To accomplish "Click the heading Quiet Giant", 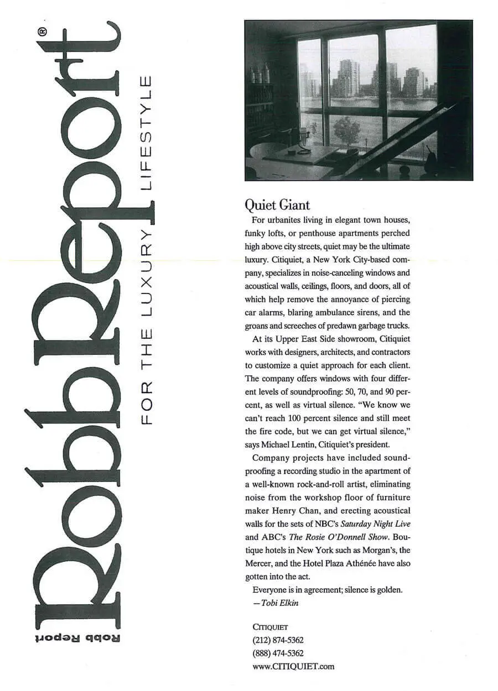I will click(x=277, y=206).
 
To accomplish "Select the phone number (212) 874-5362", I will click(x=278, y=640).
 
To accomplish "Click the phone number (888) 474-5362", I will click(x=278, y=653).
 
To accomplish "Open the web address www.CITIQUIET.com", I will click(x=293, y=667).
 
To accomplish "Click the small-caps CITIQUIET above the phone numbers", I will click(x=270, y=627).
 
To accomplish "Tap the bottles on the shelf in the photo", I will click(x=260, y=75).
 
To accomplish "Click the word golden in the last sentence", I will click(x=390, y=590).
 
